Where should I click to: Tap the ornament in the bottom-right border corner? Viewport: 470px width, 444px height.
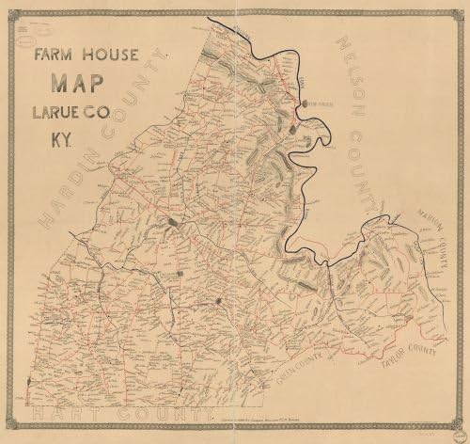click(x=458, y=432)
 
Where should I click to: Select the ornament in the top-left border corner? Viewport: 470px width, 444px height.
click(x=12, y=12)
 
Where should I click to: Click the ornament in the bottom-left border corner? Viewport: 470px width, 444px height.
click(x=12, y=432)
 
